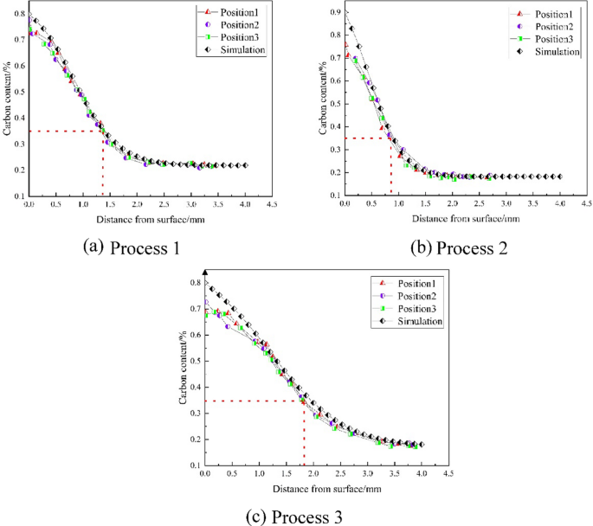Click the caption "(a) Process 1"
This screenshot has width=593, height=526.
point(131,248)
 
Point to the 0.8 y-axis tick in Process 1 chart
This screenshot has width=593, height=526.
point(18,14)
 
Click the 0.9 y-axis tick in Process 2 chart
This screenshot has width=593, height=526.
point(332,12)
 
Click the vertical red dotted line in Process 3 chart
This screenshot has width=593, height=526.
point(303,433)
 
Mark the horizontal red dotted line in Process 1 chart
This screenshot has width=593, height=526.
point(66,131)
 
